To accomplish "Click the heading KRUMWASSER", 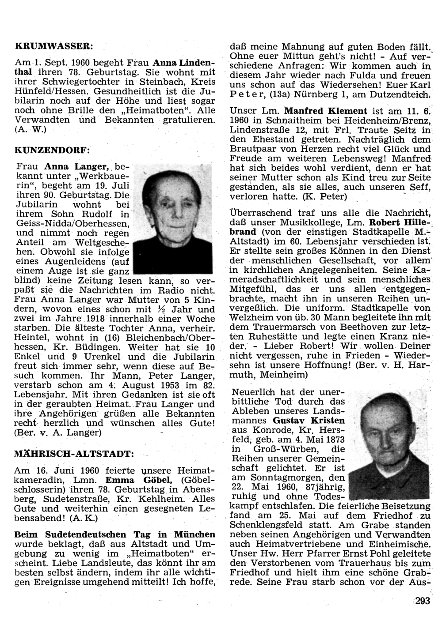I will coord(53,45).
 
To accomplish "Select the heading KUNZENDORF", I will coord(52,150).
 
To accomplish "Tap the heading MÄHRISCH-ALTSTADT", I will coord(73,453).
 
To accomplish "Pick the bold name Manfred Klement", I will coord(326,111).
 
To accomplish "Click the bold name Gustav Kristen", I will coord(309,421).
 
